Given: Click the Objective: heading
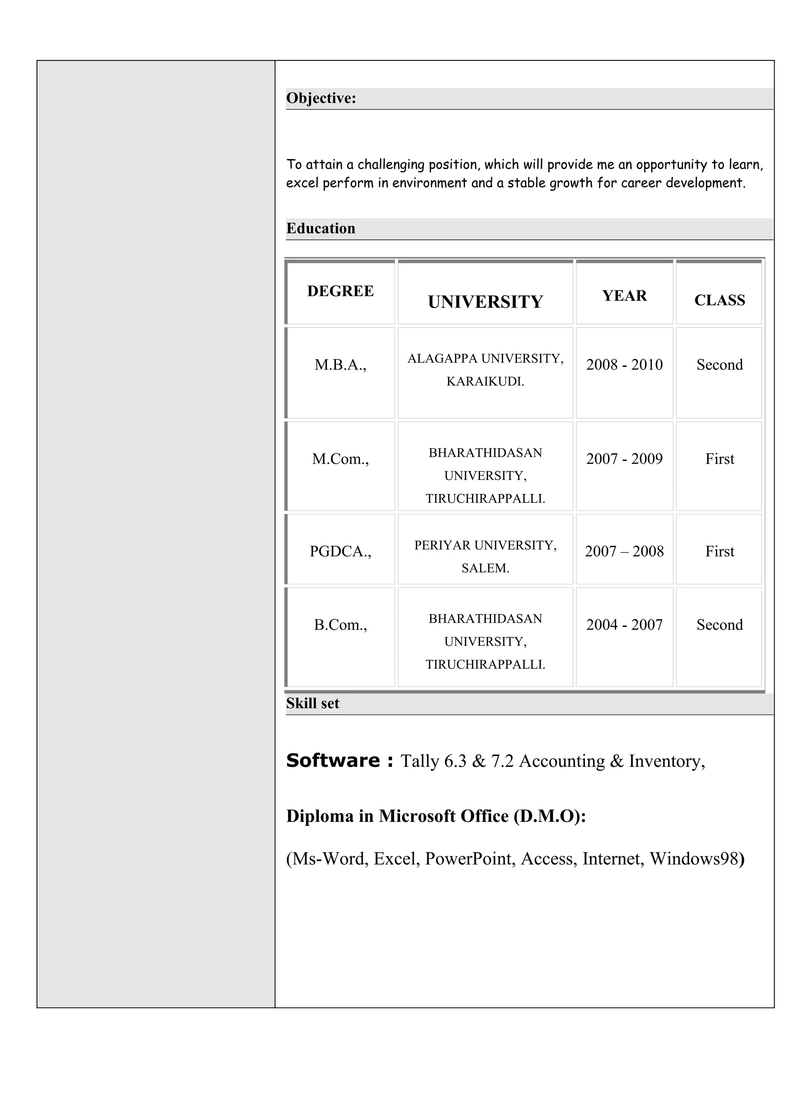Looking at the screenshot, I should pyautogui.click(x=321, y=98).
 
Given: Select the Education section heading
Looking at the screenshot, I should pyautogui.click(x=320, y=228).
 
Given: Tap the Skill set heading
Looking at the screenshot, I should pyautogui.click(x=312, y=703).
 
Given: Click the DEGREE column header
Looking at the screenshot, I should pyautogui.click(x=340, y=291).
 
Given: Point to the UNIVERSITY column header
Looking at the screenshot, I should pyautogui.click(x=485, y=302).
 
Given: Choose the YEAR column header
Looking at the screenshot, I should pyautogui.click(x=624, y=296).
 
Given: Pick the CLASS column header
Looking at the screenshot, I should pyautogui.click(x=720, y=300).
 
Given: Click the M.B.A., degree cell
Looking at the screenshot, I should pyautogui.click(x=340, y=364).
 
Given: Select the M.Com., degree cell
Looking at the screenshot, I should pyautogui.click(x=340, y=459).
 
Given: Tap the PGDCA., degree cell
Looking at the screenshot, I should pyautogui.click(x=340, y=551).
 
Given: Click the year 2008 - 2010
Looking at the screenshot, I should pyautogui.click(x=624, y=364).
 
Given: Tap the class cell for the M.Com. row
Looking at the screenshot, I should pyautogui.click(x=720, y=459).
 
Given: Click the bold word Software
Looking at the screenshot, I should pyautogui.click(x=333, y=760).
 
